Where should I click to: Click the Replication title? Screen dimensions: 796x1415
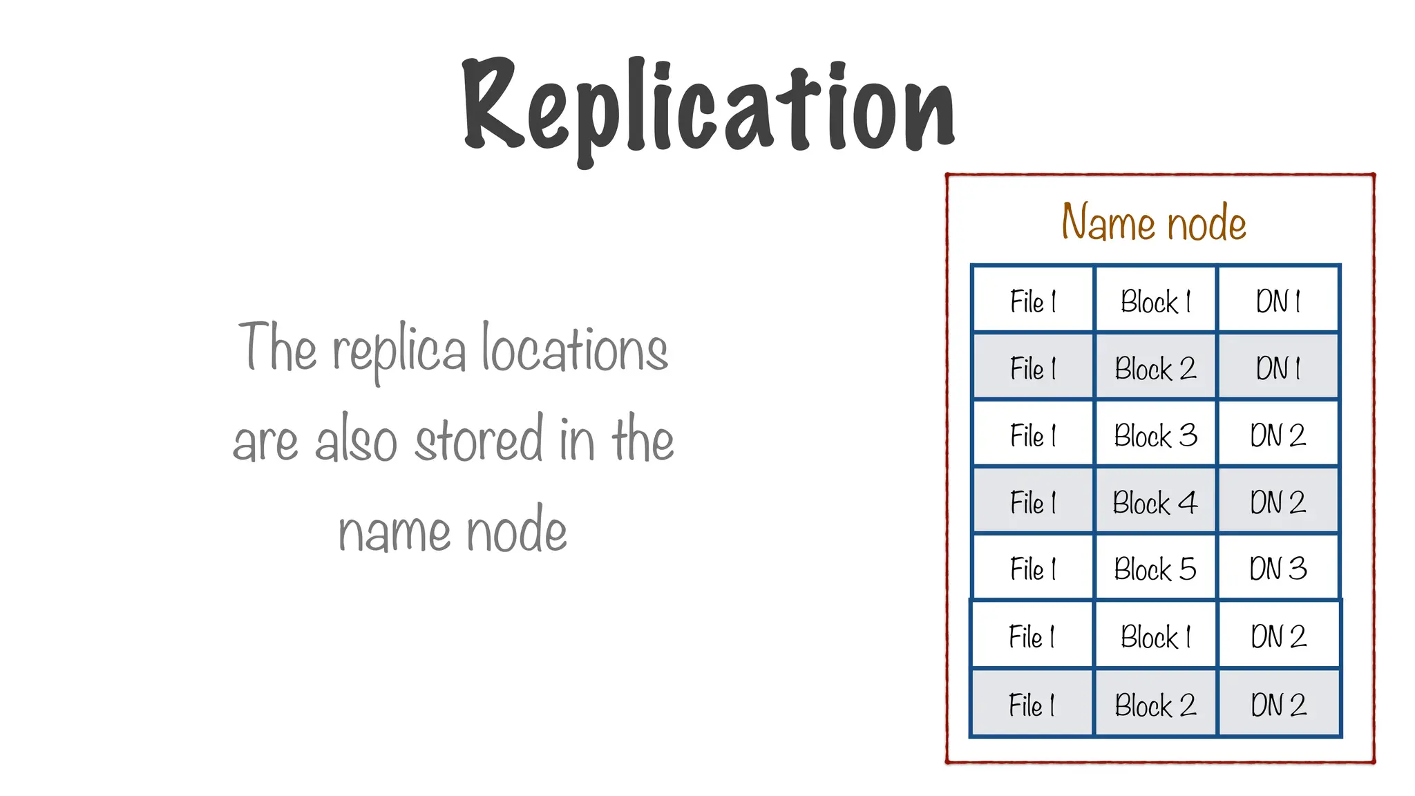(709, 107)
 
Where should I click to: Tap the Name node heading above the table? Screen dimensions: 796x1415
(1154, 222)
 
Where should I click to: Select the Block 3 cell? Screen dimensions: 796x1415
(1155, 435)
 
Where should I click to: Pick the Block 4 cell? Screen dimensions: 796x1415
(1155, 502)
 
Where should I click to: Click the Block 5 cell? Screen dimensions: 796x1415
(1155, 569)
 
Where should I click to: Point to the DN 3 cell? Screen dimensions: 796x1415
(1278, 569)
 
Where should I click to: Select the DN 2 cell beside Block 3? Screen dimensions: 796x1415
(1278, 435)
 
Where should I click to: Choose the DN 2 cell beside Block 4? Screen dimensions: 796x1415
(1278, 502)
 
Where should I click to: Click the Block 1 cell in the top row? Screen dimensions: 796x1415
(1155, 302)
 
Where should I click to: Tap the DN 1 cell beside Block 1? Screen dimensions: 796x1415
(1278, 302)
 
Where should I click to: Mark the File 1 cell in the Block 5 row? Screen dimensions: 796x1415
(1033, 569)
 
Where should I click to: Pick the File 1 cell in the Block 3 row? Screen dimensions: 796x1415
(1033, 435)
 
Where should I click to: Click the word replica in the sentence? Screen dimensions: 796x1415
(399, 351)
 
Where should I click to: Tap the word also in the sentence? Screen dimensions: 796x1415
(356, 440)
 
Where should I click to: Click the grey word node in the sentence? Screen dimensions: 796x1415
(516, 531)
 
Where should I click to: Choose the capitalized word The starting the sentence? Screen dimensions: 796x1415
(277, 347)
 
